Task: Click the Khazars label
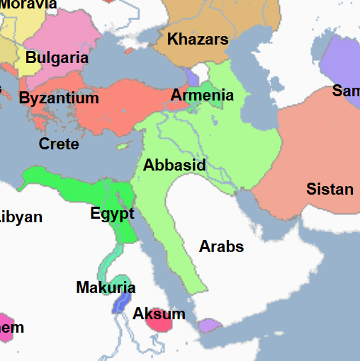[198, 40]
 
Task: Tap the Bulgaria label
[57, 58]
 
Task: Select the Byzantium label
[59, 98]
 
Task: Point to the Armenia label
[202, 95]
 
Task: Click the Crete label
[59, 144]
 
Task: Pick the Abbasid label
[174, 166]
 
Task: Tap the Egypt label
[112, 213]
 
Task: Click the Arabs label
[221, 246]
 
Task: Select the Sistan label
[330, 189]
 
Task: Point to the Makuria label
[106, 287]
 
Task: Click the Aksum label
[159, 314]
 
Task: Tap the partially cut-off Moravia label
[28, 4]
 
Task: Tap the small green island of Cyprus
[125, 147]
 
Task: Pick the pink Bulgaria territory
[67, 35]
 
